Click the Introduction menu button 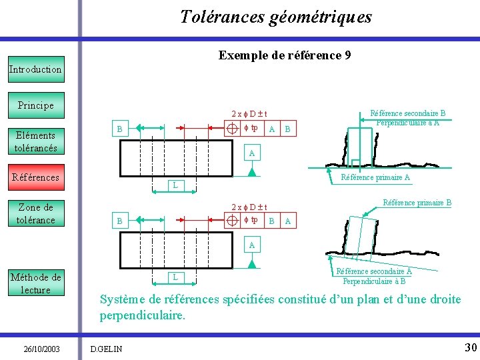36,69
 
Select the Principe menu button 36,105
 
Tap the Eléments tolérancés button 36,141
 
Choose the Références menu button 36,177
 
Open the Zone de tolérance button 36,213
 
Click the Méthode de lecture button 36,283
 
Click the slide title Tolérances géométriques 276,17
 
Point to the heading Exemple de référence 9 285,56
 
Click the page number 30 470,347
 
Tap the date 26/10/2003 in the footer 42,349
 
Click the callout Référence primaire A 375,177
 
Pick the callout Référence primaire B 417,203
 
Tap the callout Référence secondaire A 374,275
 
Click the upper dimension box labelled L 175,185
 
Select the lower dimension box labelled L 175,276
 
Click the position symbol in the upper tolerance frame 233,129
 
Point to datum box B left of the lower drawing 119,220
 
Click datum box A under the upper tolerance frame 251,153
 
